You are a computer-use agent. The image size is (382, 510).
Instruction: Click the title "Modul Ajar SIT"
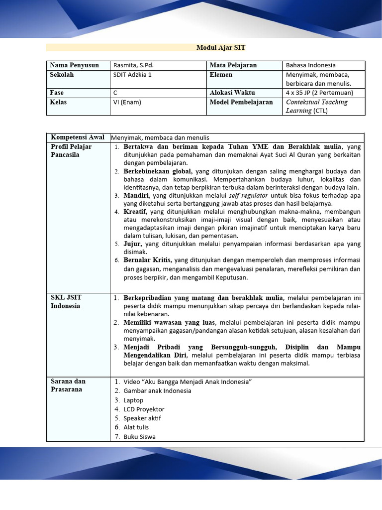coord(221,48)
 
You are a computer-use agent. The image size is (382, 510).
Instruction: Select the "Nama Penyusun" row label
coord(74,65)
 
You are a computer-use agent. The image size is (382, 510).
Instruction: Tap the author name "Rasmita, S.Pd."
coord(133,65)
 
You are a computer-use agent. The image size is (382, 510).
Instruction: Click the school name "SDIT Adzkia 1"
coord(132,75)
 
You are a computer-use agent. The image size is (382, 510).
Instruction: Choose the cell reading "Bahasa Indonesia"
coord(310,65)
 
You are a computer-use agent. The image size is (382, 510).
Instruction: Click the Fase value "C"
coord(115,93)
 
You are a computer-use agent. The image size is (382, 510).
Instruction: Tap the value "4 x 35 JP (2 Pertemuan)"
coord(319,93)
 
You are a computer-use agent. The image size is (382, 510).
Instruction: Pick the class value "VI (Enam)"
coord(127,102)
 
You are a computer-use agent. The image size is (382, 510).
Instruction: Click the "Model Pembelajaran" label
coord(241,102)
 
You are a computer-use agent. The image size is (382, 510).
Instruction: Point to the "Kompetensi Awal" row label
coord(78,137)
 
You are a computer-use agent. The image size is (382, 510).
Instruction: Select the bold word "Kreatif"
coord(135,212)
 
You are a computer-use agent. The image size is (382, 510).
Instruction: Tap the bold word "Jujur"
coord(133,244)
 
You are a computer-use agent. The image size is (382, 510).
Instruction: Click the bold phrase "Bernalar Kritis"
coord(148,260)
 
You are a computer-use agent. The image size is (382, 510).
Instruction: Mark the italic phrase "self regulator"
coord(248,196)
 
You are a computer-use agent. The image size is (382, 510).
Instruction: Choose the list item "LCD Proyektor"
coord(144,409)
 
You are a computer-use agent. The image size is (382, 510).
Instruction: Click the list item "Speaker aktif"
coord(142,418)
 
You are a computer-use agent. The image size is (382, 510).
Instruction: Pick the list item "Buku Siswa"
coord(139,437)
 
